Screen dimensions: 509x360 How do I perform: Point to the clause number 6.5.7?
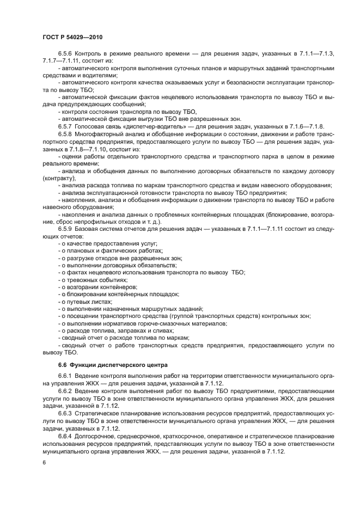pos(65,126)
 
